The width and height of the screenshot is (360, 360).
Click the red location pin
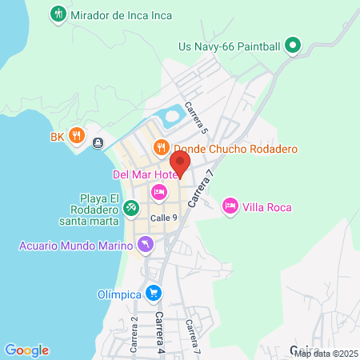pyautogui.click(x=180, y=163)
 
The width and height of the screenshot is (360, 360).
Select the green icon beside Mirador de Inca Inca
pyautogui.click(x=58, y=14)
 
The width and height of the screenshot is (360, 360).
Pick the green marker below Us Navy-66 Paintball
pyautogui.click(x=293, y=46)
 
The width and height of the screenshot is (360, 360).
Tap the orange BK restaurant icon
pyautogui.click(x=77, y=136)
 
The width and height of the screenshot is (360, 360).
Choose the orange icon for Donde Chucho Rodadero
pyautogui.click(x=160, y=148)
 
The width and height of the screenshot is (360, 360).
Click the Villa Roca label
pyautogui.click(x=269, y=207)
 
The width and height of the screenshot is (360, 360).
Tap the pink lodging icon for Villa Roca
pyautogui.click(x=230, y=206)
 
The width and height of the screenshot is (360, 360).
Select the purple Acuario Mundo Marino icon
pyautogui.click(x=145, y=245)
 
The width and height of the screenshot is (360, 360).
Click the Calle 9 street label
pyautogui.click(x=163, y=218)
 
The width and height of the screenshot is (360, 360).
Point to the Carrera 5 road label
pyautogui.click(x=195, y=118)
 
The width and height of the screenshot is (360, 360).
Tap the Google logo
pyautogui.click(x=26, y=350)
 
